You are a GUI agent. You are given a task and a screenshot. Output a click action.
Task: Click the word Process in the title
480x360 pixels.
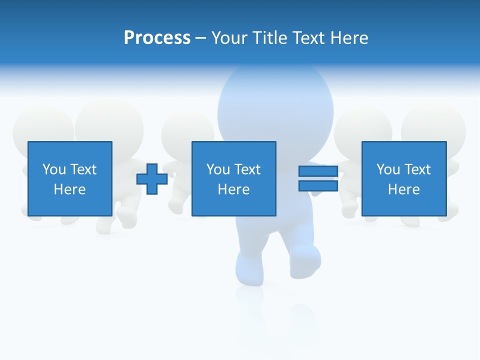click(157, 38)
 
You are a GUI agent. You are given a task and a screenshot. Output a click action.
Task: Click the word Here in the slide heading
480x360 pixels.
click(349, 38)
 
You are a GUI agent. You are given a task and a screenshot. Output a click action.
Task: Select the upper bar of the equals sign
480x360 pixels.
click(318, 171)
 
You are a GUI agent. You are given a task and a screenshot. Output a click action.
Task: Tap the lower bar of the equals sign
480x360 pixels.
click(318, 185)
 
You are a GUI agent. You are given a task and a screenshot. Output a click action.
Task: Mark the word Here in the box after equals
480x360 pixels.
click(404, 189)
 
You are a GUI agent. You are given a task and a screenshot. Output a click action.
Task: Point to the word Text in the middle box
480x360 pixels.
click(247, 169)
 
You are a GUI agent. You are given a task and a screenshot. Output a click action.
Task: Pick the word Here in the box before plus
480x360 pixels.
click(70, 189)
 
